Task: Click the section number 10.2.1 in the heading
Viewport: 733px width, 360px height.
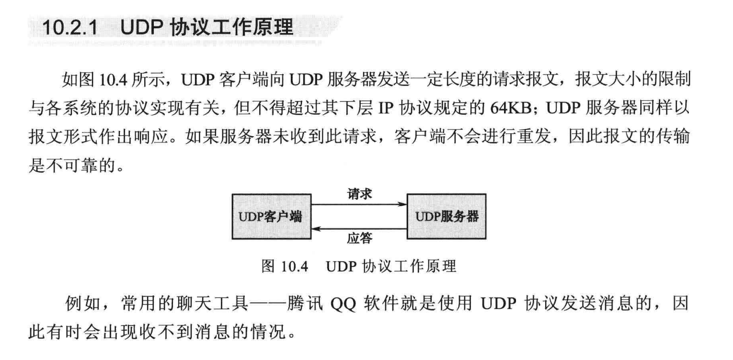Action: pos(70,28)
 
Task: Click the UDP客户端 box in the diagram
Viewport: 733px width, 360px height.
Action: pos(271,216)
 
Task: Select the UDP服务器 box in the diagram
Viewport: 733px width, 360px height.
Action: pos(446,216)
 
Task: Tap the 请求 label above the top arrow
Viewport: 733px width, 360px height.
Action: pos(359,194)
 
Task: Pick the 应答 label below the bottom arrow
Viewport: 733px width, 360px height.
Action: pos(359,238)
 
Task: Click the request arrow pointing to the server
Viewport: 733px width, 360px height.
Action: pos(359,204)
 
